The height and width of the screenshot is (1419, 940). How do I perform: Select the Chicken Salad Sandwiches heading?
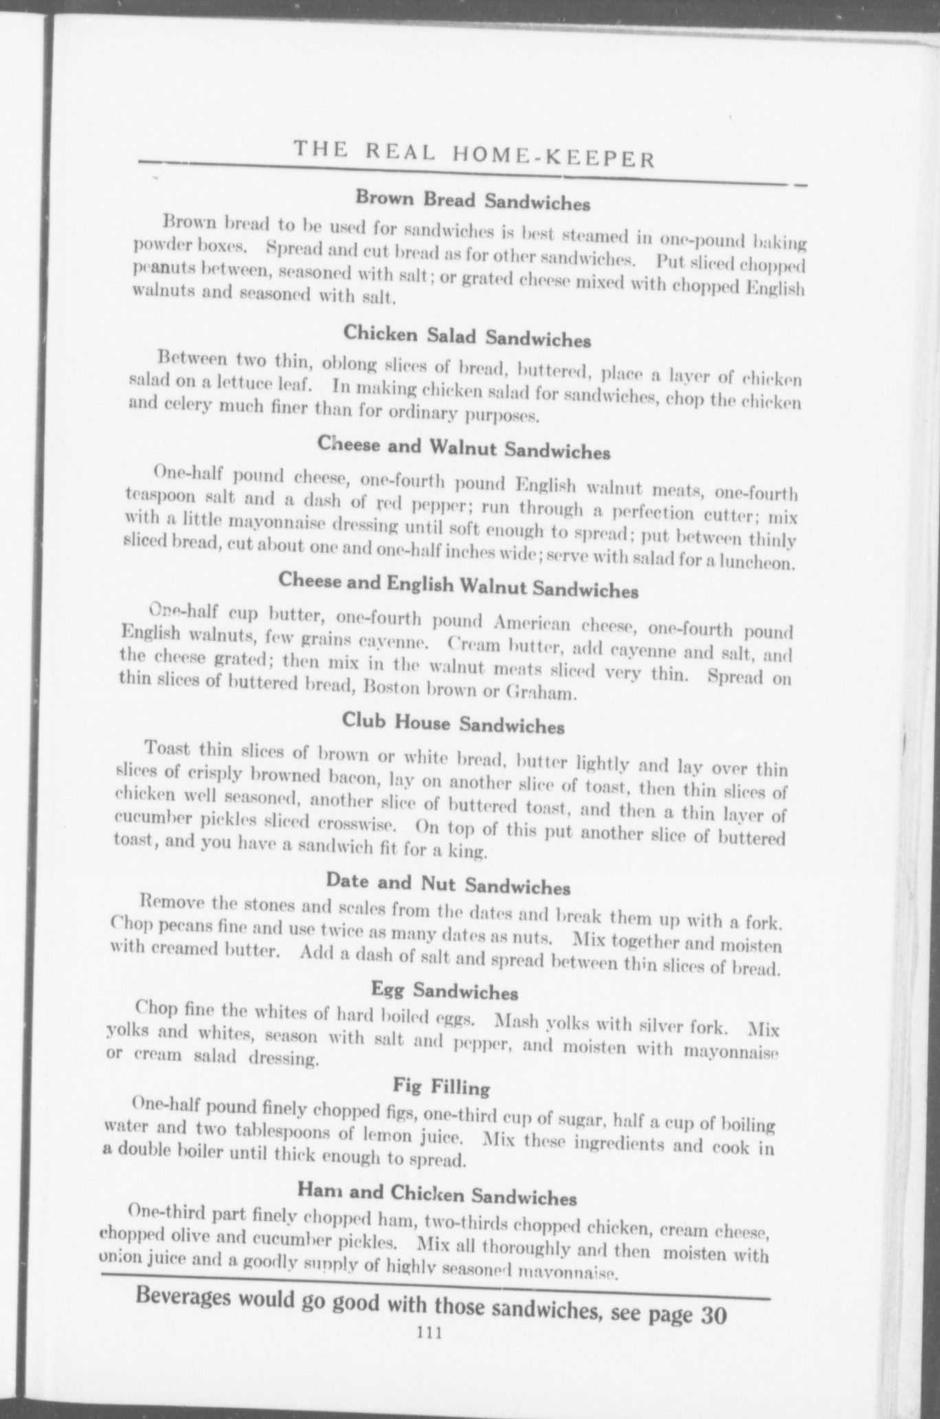(467, 335)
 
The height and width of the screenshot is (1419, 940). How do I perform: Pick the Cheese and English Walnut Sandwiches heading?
(458, 585)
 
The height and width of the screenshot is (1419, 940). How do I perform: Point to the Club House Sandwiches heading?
(454, 723)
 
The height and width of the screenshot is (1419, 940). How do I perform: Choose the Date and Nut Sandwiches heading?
(448, 883)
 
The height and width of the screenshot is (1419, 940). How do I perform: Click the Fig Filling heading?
(442, 1087)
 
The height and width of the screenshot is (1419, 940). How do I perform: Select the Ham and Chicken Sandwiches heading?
(437, 1192)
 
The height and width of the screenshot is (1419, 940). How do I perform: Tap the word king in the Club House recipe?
(471, 853)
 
